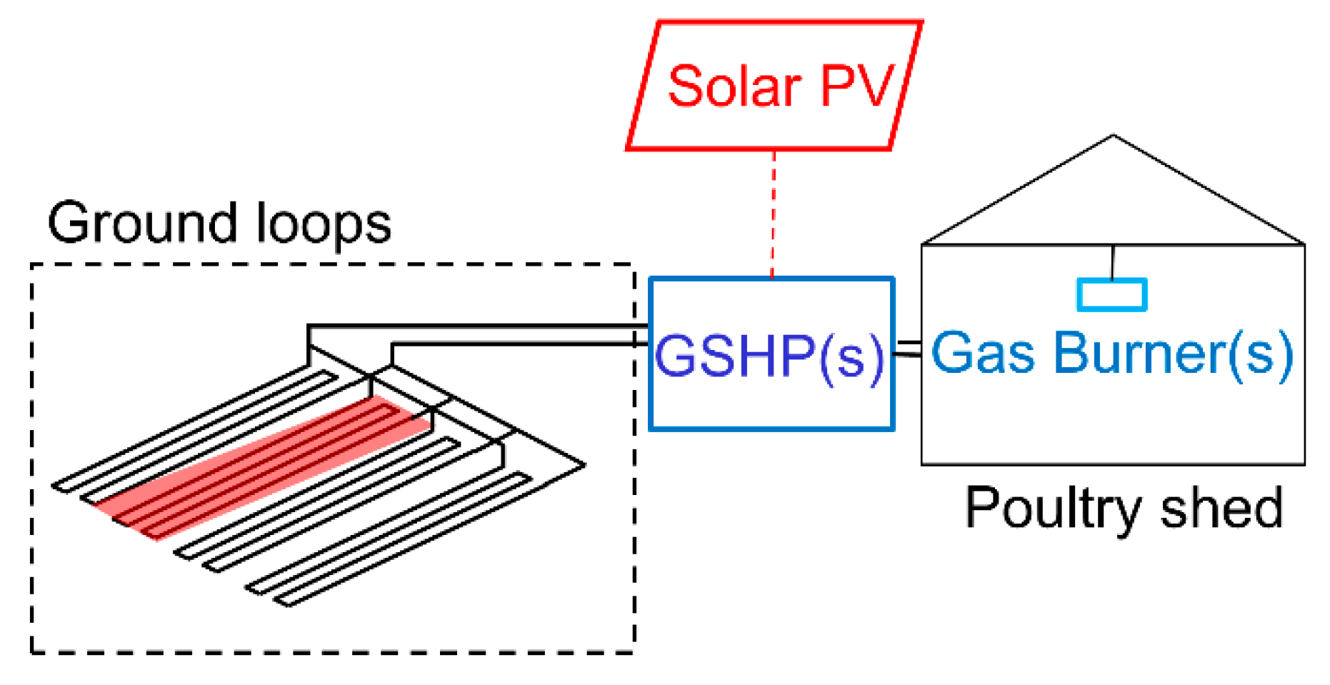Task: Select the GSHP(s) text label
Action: coord(769,356)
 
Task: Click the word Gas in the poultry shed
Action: coord(981,353)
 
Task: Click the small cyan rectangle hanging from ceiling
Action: coord(1111,295)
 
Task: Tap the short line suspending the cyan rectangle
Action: coord(1112,261)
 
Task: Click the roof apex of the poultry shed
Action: coord(1113,136)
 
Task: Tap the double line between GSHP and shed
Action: coord(907,349)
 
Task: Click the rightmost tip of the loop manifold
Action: coord(584,465)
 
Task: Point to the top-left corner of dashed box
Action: coord(32,265)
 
